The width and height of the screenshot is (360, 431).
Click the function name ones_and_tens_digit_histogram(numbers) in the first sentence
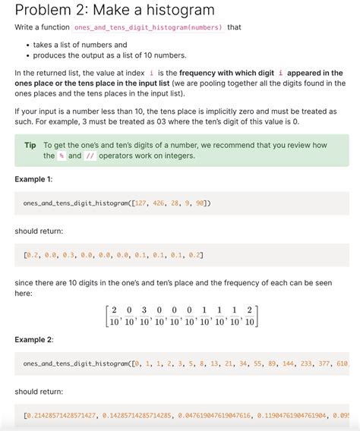pyautogui.click(x=149, y=27)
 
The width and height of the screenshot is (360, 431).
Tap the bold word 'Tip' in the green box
pyautogui.click(x=30, y=145)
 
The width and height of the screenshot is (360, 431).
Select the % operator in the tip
pyautogui.click(x=62, y=156)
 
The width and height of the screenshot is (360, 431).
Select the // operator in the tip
pyautogui.click(x=90, y=156)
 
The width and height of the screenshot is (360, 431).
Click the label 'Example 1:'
pyautogui.click(x=34, y=179)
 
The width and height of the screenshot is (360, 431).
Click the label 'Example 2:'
pyautogui.click(x=34, y=339)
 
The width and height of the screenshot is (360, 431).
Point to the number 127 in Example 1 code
pyautogui.click(x=139, y=203)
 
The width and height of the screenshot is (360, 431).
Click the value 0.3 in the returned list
pyautogui.click(x=67, y=255)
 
